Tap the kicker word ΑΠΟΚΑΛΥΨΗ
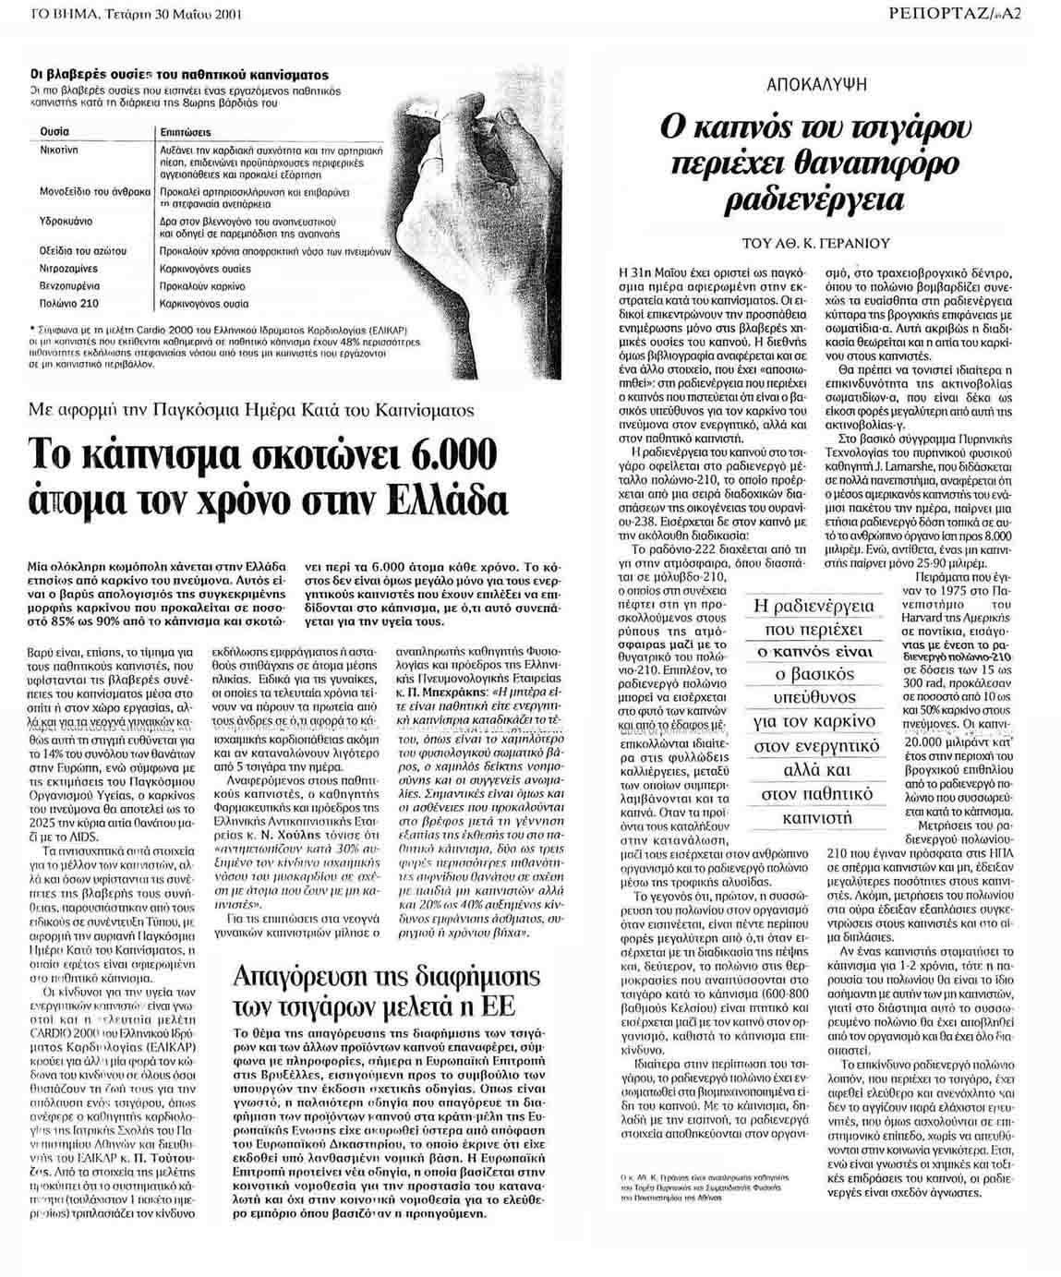point(816,84)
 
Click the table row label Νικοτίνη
point(59,149)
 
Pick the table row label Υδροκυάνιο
point(66,222)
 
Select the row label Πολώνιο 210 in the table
point(69,303)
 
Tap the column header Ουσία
point(54,132)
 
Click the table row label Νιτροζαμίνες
point(68,268)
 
